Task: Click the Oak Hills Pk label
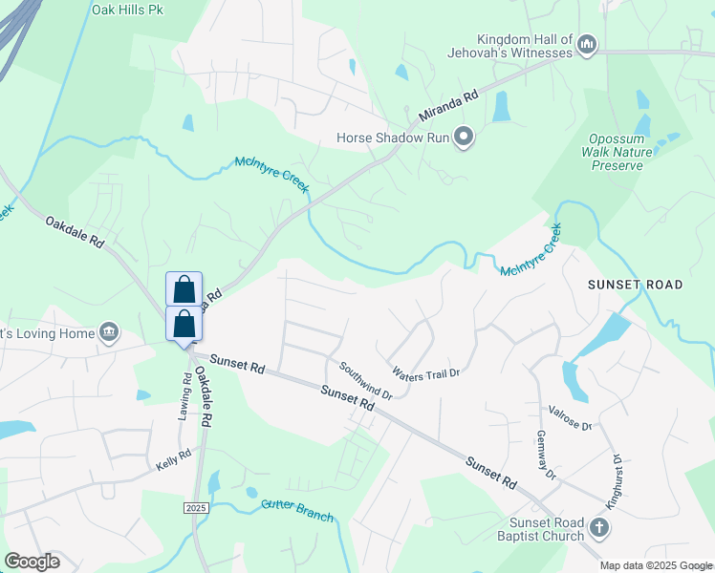pos(127,11)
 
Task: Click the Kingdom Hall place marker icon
pos(588,44)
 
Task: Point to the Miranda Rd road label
pos(443,108)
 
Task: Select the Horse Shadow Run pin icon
pos(465,138)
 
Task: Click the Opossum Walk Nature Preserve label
pos(617,152)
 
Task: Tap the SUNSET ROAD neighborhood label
pos(635,285)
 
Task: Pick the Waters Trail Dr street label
pos(426,373)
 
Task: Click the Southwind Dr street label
pos(365,379)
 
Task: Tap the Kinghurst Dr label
pos(615,480)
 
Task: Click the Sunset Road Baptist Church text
pos(532,529)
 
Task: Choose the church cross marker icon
pos(598,528)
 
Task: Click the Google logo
pos(32,562)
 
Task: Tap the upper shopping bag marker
pos(184,288)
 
